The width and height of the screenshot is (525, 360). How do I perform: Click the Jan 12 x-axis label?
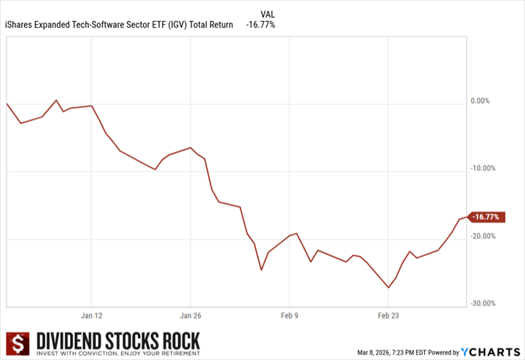(x=91, y=316)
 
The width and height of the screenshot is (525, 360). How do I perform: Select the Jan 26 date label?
(x=190, y=316)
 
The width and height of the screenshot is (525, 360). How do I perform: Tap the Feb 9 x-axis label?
(x=289, y=316)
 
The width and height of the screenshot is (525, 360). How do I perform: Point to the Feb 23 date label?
(x=388, y=316)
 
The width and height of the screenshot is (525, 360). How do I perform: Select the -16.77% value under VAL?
(x=261, y=25)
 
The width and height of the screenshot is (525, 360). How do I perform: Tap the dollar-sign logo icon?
(x=17, y=345)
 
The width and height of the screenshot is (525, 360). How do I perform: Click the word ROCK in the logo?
(x=177, y=340)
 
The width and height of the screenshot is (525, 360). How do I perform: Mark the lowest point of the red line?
(x=388, y=288)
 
